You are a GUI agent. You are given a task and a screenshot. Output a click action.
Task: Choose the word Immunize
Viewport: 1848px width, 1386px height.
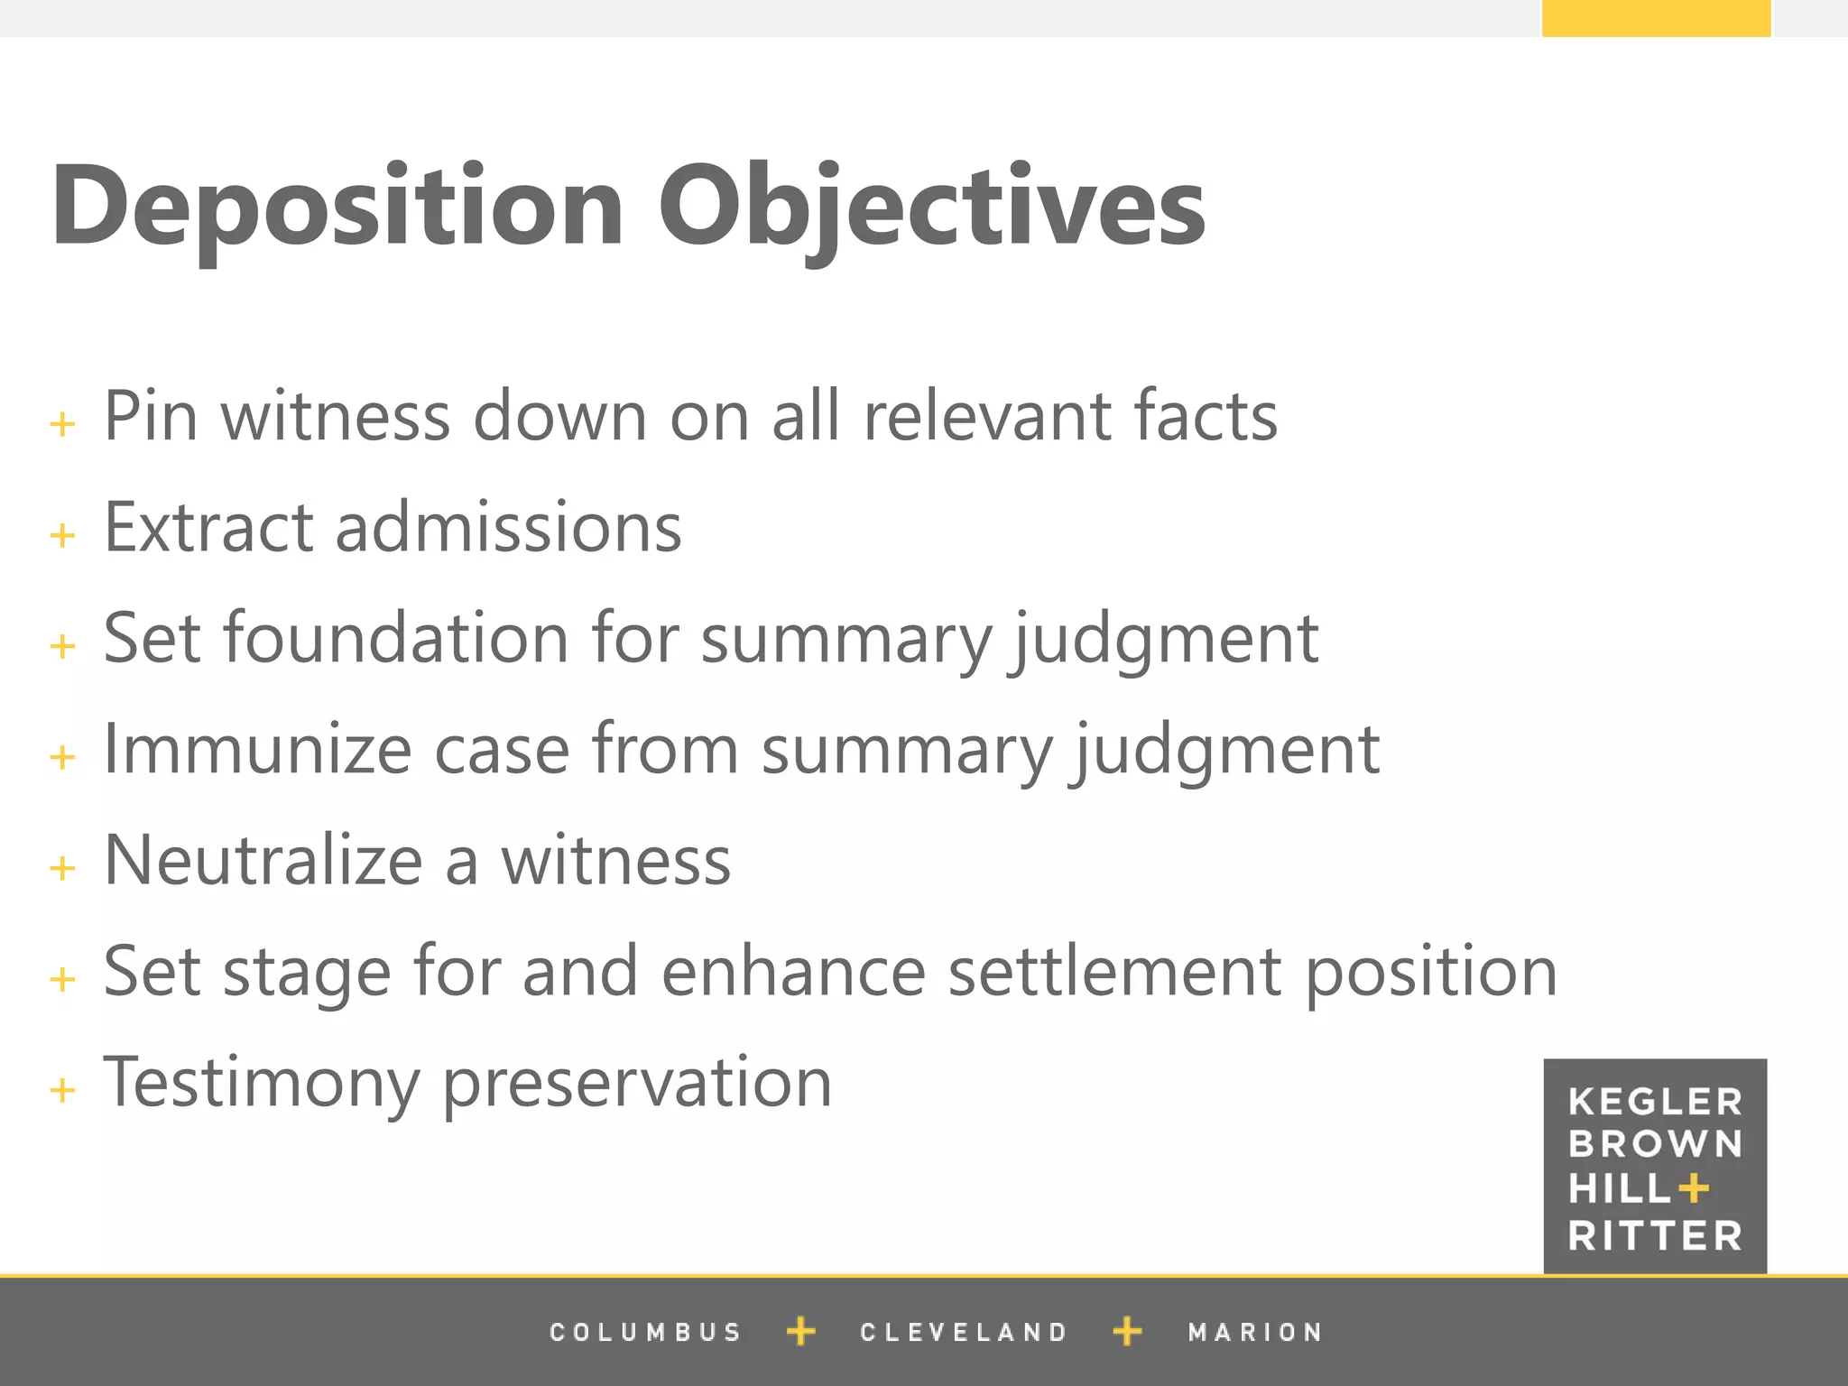pyautogui.click(x=257, y=749)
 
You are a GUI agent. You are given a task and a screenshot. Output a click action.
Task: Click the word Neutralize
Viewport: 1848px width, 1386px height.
pyautogui.click(x=263, y=860)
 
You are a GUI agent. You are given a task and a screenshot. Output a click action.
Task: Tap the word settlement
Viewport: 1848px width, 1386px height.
pyautogui.click(x=1114, y=972)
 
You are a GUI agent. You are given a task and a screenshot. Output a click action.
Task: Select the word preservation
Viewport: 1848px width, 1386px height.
pyautogui.click(x=637, y=1083)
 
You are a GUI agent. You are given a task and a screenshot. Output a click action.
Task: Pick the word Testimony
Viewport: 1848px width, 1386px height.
pyautogui.click(x=261, y=1083)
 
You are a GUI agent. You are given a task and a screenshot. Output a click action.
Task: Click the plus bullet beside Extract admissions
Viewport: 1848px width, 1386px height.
pyautogui.click(x=62, y=535)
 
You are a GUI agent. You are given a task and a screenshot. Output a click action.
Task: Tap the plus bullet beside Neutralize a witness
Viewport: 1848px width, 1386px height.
pyautogui.click(x=62, y=868)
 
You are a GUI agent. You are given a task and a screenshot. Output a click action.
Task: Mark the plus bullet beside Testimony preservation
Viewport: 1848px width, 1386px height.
pyautogui.click(x=62, y=1090)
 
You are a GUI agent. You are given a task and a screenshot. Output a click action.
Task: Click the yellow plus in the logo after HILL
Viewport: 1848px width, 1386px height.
pyautogui.click(x=1694, y=1188)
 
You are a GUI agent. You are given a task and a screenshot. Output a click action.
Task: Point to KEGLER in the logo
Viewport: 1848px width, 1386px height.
pyautogui.click(x=1655, y=1102)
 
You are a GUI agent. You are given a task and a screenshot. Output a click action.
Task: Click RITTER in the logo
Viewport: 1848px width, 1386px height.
pyautogui.click(x=1655, y=1235)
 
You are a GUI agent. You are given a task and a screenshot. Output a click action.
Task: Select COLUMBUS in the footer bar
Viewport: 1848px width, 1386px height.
pyautogui.click(x=645, y=1332)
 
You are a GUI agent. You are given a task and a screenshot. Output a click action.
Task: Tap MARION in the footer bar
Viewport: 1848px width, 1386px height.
pyautogui.click(x=1255, y=1332)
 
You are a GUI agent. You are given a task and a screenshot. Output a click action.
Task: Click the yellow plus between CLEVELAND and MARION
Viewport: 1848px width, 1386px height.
pyautogui.click(x=1127, y=1331)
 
